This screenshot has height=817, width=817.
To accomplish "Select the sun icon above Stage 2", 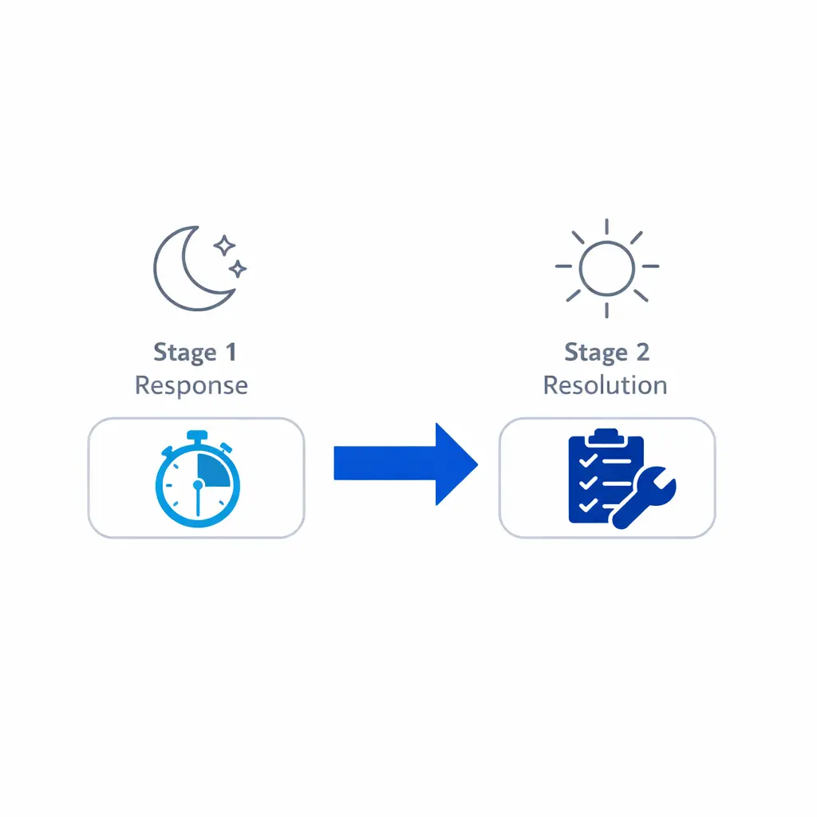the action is (606, 267).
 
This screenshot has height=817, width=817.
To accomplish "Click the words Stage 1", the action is (195, 352).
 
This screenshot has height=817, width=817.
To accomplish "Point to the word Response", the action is (191, 385).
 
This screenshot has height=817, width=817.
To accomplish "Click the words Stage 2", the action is (606, 352).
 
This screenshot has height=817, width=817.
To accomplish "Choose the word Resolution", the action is (605, 385).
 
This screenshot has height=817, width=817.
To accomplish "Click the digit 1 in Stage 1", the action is (231, 352).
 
